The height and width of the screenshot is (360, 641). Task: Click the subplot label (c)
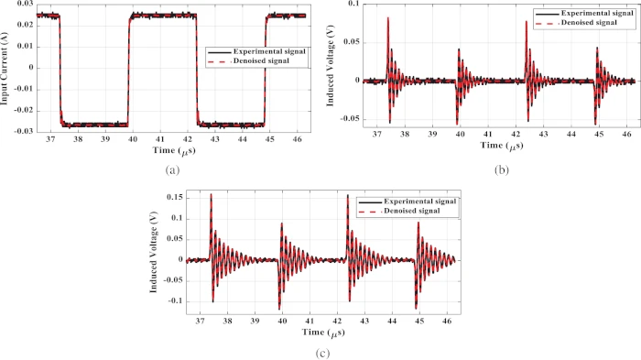coord(320,352)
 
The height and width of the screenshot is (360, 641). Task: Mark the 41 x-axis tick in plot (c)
coord(312,322)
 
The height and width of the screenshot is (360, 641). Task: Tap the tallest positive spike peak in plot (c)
coord(211,194)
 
